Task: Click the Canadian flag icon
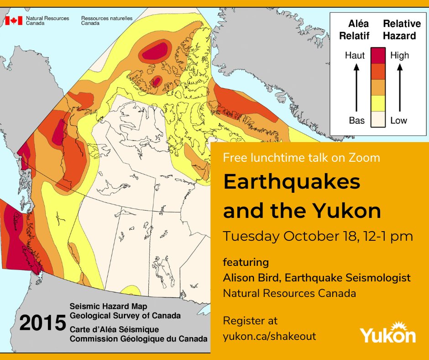click(x=14, y=21)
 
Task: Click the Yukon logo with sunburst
click(x=388, y=334)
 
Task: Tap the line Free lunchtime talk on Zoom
click(x=301, y=158)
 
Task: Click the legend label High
click(x=399, y=56)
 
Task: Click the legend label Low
click(x=398, y=121)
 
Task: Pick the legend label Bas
click(x=356, y=121)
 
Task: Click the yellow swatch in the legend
click(x=378, y=103)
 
